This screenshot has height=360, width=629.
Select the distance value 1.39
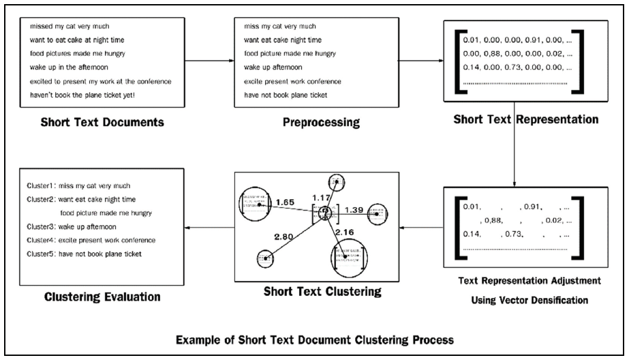(354, 209)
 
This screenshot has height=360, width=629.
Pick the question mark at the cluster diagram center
(326, 213)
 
